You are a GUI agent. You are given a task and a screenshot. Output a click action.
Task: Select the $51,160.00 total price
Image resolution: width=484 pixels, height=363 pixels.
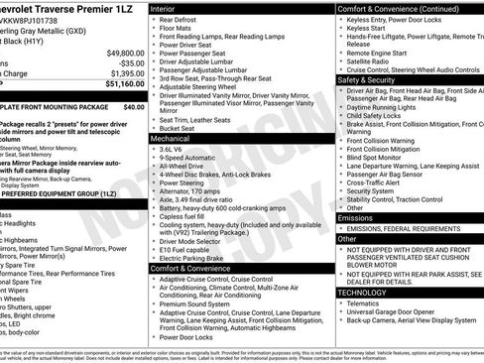(125, 84)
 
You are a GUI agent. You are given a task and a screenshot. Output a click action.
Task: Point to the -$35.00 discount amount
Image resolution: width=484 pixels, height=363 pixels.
(129, 62)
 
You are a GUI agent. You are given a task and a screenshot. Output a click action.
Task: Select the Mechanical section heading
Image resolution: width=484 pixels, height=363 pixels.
(174, 140)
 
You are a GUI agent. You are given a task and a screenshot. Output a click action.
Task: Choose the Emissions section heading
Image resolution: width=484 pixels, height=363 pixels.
(356, 217)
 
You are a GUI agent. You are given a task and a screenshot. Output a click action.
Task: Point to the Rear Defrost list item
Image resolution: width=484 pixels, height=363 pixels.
(181, 20)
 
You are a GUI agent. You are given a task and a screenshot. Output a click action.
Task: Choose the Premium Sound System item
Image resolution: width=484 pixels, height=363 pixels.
(199, 303)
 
